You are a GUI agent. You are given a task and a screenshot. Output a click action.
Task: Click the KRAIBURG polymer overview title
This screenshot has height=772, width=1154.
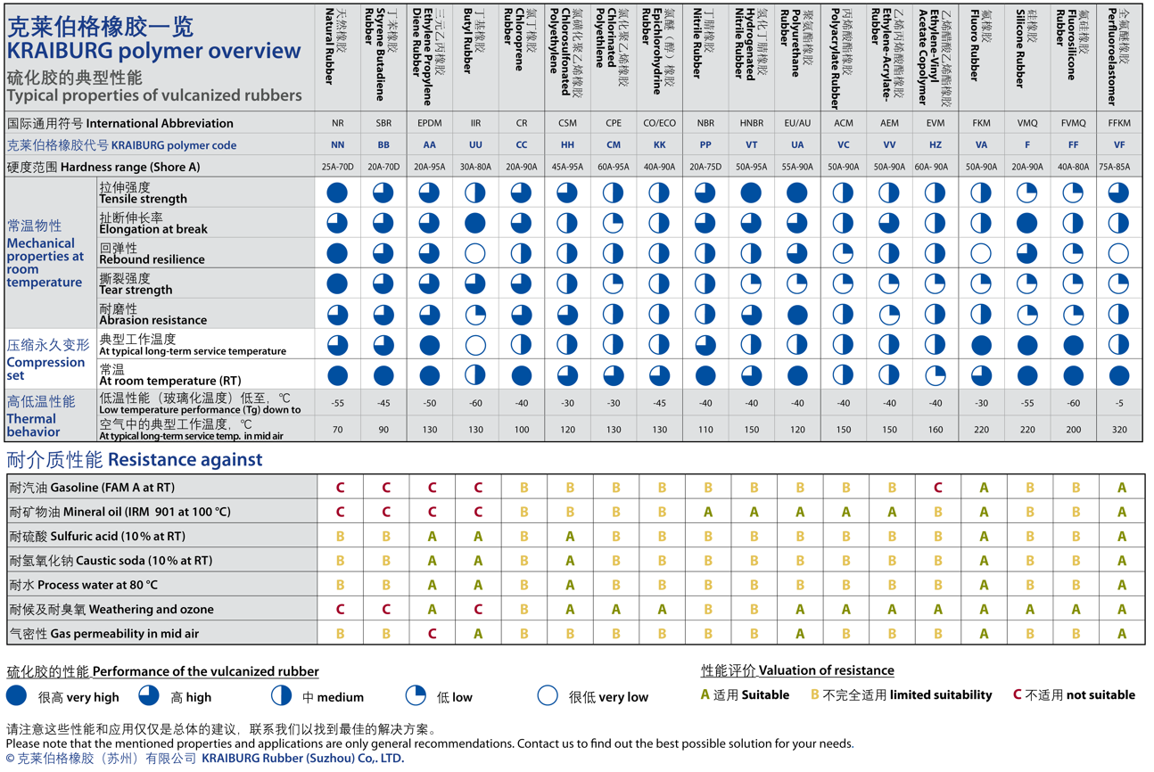(x=153, y=51)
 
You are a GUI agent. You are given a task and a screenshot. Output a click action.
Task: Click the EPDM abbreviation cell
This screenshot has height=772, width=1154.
(x=429, y=124)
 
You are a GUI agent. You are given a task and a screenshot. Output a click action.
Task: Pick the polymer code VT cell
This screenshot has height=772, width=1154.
(x=751, y=145)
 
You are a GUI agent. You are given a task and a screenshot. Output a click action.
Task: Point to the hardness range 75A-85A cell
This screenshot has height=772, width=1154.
(x=1118, y=167)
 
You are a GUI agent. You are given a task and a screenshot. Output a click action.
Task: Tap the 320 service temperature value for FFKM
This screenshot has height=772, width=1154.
(x=1118, y=430)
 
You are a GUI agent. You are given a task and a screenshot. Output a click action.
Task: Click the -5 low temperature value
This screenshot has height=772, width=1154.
(x=1118, y=404)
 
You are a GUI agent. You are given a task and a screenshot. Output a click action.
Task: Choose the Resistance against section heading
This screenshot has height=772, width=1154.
(x=134, y=460)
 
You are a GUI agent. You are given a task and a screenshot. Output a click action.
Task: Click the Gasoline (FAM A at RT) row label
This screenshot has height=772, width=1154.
(x=91, y=488)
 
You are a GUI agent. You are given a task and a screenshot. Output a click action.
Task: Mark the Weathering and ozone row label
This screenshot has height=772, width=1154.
(x=111, y=610)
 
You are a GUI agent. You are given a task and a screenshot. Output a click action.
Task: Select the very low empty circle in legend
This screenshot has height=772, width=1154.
(x=548, y=696)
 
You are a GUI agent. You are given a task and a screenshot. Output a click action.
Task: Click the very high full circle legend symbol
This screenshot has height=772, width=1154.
(x=16, y=696)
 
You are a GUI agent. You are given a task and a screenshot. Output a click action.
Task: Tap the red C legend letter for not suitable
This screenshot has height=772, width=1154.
(x=1018, y=694)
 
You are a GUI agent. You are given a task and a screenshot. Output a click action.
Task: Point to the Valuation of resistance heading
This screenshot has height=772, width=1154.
(x=797, y=670)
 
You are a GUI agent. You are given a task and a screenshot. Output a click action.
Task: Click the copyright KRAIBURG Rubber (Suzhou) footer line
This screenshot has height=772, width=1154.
(x=204, y=759)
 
